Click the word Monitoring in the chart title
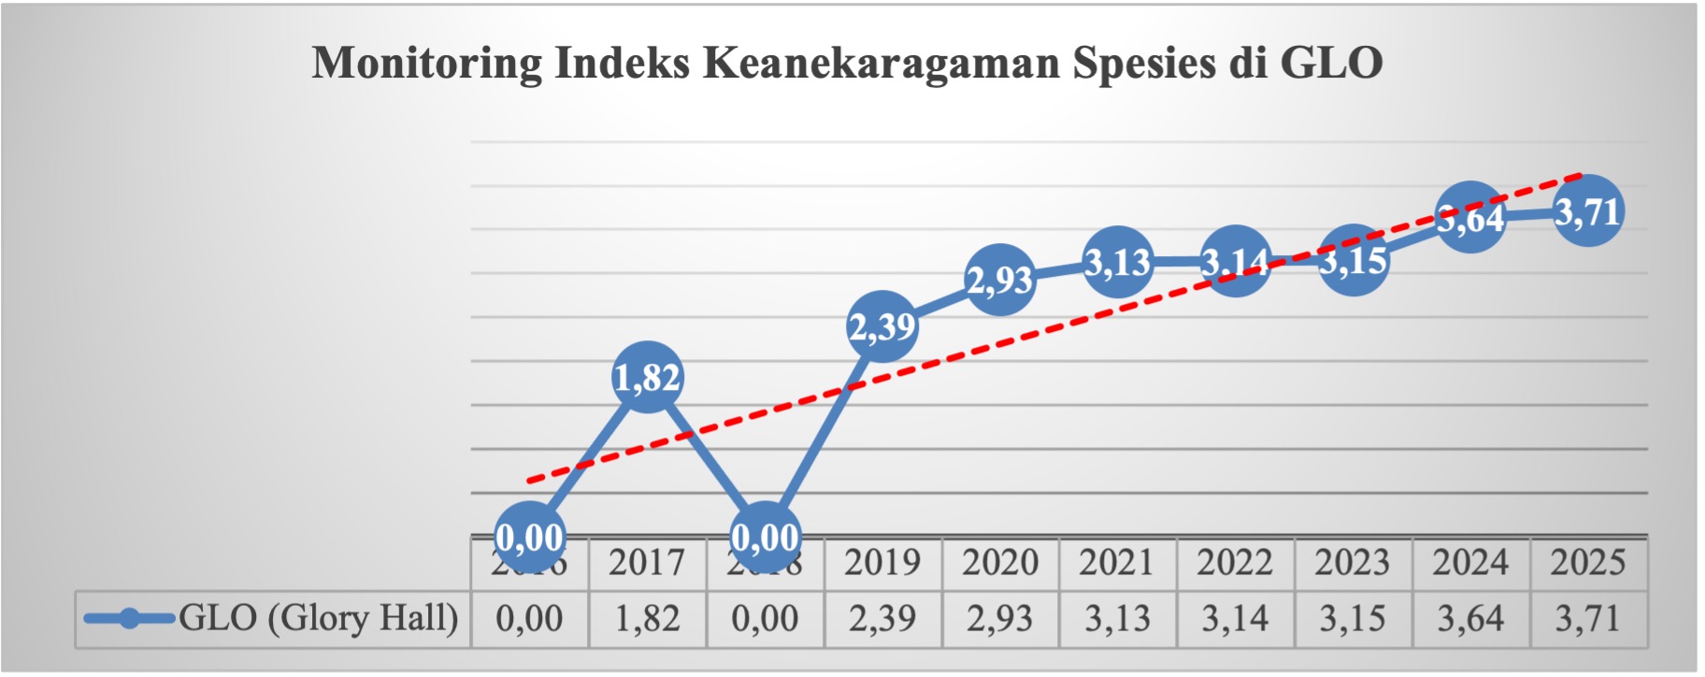426,64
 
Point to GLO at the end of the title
1331,64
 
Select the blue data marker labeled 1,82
647,378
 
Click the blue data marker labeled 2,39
882,326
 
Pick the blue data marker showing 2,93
1000,280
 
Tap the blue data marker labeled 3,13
1118,263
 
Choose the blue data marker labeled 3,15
1354,261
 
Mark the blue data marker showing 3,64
1470,218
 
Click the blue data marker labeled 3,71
1588,212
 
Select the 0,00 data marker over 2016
529,538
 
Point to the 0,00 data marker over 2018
765,538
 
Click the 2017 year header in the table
647,563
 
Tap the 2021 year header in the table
1117,563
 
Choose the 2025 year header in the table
1588,563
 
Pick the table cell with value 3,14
1235,619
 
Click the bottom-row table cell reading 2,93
1000,619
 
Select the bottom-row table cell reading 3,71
1588,619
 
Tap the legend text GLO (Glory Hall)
318,618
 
